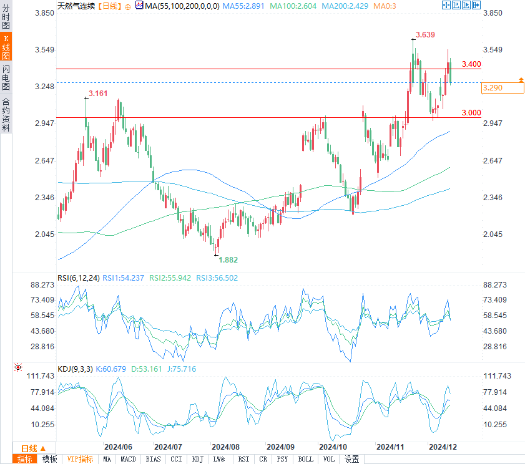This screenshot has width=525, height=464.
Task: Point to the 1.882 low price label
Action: (228, 259)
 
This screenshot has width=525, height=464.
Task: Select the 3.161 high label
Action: (98, 94)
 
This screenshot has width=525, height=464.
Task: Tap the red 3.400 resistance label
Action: (471, 64)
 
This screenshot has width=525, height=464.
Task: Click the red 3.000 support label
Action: (471, 112)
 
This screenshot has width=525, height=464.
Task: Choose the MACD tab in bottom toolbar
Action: (128, 459)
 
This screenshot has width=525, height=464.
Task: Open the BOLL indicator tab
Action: (305, 459)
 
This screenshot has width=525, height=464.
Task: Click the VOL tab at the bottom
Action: (328, 459)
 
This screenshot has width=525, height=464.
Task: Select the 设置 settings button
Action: (351, 459)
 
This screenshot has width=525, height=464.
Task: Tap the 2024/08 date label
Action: (225, 447)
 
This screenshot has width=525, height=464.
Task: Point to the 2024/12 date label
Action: (442, 447)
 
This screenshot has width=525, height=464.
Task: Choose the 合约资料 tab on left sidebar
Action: (6, 114)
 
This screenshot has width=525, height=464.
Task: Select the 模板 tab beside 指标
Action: (49, 459)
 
